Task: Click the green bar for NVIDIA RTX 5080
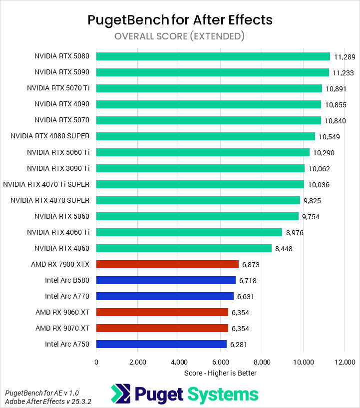click(213, 56)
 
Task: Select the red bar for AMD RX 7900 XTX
click(167, 264)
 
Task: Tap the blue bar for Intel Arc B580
click(166, 280)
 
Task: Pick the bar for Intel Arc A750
click(161, 344)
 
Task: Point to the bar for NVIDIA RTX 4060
click(184, 248)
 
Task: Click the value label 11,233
click(343, 73)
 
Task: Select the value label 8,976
click(295, 233)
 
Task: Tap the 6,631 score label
click(246, 297)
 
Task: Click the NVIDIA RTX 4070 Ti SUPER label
click(46, 184)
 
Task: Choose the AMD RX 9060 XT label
click(62, 312)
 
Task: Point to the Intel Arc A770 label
click(67, 296)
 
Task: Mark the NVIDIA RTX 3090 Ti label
click(58, 168)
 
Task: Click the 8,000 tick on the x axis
click(262, 362)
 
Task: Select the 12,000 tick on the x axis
click(345, 362)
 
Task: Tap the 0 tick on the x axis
click(96, 362)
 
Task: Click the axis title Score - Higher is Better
click(220, 373)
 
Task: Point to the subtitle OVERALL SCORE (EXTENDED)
click(179, 36)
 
